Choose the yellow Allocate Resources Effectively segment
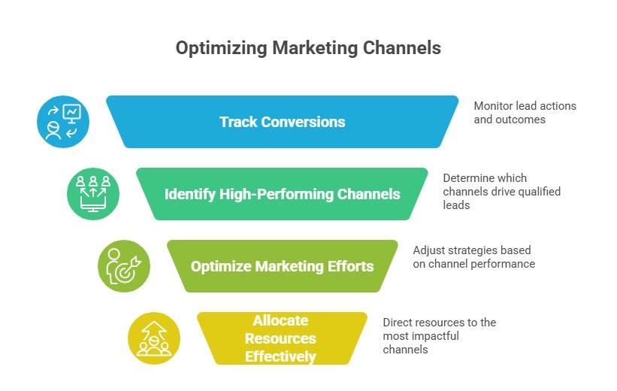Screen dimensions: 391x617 (x=282, y=338)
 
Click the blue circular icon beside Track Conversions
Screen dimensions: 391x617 (x=64, y=121)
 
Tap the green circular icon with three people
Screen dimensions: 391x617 (x=94, y=193)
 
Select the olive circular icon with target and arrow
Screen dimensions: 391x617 (x=124, y=266)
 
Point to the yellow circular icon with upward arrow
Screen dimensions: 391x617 (x=154, y=338)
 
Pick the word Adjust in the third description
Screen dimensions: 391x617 (x=430, y=250)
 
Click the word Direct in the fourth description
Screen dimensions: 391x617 (x=399, y=323)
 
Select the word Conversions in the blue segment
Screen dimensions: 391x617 (x=309, y=121)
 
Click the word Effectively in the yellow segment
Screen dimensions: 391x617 (x=280, y=356)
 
